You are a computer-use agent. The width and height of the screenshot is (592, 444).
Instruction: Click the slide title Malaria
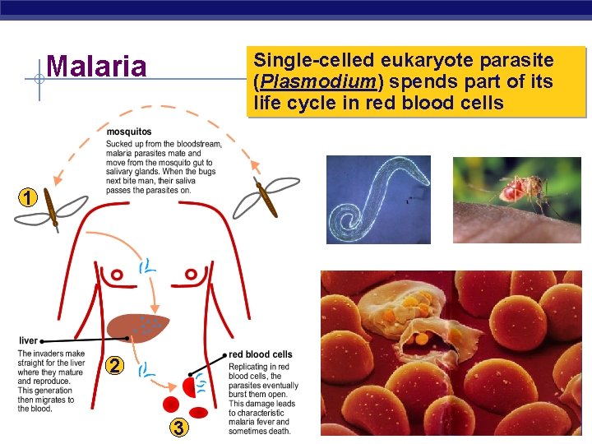click(97, 66)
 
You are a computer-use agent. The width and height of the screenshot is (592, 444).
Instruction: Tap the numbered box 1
click(29, 197)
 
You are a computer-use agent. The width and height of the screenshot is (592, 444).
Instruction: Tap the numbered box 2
click(117, 365)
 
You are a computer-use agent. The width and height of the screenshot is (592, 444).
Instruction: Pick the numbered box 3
click(177, 427)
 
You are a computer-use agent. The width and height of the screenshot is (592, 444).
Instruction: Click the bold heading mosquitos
click(129, 132)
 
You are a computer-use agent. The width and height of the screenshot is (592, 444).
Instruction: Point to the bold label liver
click(28, 340)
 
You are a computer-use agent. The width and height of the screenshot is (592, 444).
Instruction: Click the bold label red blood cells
click(261, 354)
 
